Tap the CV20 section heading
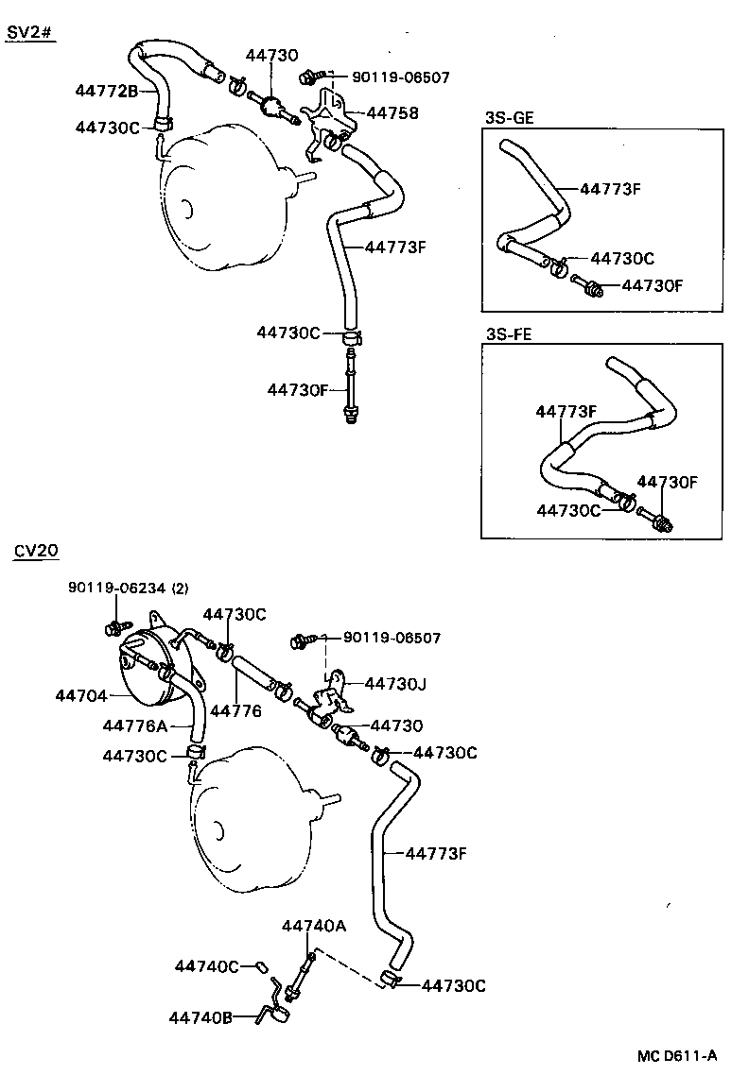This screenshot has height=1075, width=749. [35, 551]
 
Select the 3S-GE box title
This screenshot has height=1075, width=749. [509, 118]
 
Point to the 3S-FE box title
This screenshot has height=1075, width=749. [508, 333]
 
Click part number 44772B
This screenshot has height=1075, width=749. [107, 91]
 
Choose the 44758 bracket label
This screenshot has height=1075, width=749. [392, 113]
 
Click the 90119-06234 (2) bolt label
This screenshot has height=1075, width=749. [128, 588]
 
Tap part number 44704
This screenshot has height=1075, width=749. [80, 695]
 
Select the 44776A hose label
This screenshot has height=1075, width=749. [134, 725]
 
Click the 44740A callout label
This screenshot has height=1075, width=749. [313, 927]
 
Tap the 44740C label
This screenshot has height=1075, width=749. [206, 965]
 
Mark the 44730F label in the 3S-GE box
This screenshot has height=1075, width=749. [653, 284]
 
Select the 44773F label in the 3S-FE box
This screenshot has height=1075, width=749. [566, 412]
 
